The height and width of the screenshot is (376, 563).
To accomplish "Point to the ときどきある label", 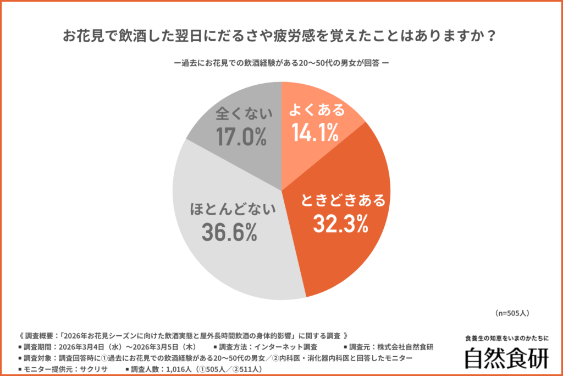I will pos(343,200).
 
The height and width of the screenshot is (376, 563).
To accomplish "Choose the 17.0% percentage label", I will pos(241,137).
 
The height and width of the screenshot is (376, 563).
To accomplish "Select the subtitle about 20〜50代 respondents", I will pos(281,63).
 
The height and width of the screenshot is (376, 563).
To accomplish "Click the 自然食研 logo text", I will pos(506,358).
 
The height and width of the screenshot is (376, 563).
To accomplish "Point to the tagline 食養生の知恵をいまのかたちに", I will pos(506,338).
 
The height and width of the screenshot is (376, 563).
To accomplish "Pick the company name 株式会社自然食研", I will pos(404,347).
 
